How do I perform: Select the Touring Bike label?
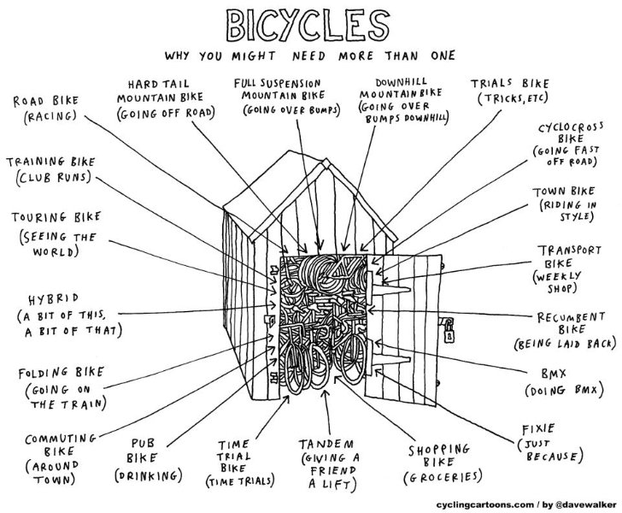tap(53, 233)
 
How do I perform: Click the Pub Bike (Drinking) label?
tap(156, 460)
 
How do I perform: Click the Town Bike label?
tap(564, 205)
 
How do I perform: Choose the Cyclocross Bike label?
tap(570, 144)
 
